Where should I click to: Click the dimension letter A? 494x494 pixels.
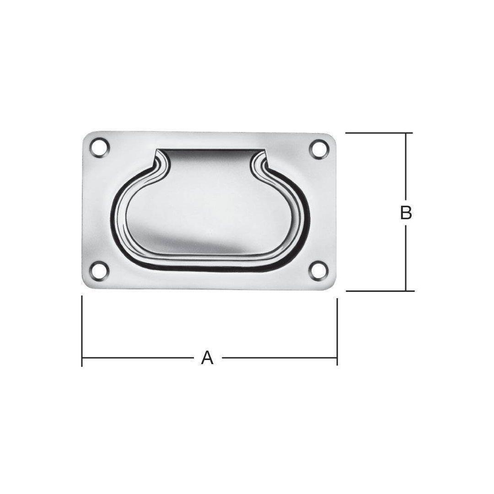[207, 358]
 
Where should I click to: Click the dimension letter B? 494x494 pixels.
[406, 213]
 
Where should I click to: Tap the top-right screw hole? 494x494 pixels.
[319, 149]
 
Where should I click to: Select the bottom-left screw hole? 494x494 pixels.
[100, 271]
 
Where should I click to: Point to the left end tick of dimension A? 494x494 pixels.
[82, 331]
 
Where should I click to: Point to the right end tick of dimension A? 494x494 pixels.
[338, 332]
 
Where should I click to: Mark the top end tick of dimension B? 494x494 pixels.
[379, 133]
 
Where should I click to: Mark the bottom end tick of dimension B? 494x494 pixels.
[380, 291]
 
